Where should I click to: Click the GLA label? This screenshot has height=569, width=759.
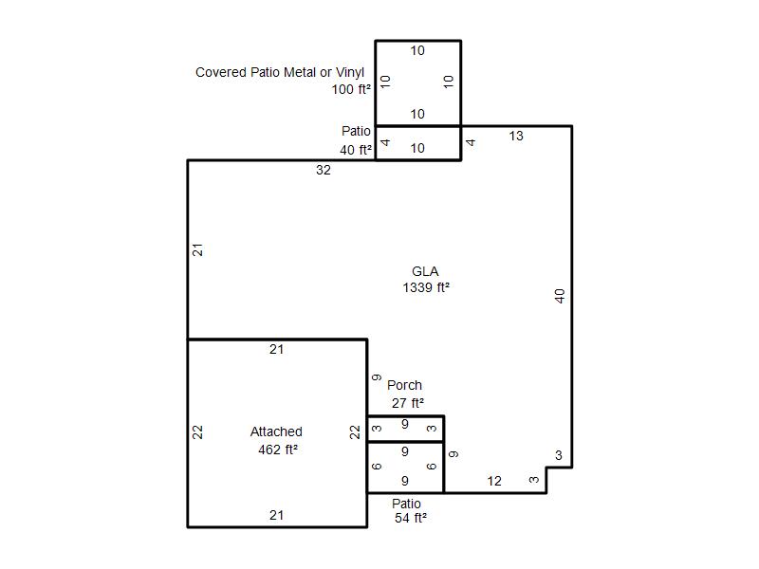tap(425, 271)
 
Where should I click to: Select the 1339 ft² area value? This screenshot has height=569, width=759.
tap(426, 287)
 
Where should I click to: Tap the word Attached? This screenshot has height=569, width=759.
tap(276, 431)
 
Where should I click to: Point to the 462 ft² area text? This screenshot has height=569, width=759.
tap(278, 450)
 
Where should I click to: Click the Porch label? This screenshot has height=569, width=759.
tap(405, 385)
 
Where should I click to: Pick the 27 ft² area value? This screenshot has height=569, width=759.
tap(408, 403)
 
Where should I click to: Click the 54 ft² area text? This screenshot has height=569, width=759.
tap(411, 518)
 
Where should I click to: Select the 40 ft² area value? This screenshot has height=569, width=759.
tap(356, 150)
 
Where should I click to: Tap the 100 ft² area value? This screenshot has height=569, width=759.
tap(351, 89)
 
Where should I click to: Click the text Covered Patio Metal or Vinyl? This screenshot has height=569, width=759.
tap(280, 73)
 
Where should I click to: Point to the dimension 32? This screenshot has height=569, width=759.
tap(324, 171)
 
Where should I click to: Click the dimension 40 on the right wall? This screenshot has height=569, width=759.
tap(560, 296)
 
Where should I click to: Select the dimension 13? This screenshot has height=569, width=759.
tap(516, 136)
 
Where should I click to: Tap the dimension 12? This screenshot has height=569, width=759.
tap(494, 481)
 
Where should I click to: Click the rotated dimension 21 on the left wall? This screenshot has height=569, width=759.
tap(197, 250)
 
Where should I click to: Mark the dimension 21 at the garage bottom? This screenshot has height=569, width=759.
tap(276, 515)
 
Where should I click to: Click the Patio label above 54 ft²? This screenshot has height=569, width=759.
tap(406, 504)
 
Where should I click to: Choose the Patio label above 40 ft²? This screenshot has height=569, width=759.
tap(356, 131)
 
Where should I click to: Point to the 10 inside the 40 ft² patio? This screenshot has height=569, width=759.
tap(417, 149)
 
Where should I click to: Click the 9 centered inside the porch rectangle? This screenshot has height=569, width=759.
tap(405, 424)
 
